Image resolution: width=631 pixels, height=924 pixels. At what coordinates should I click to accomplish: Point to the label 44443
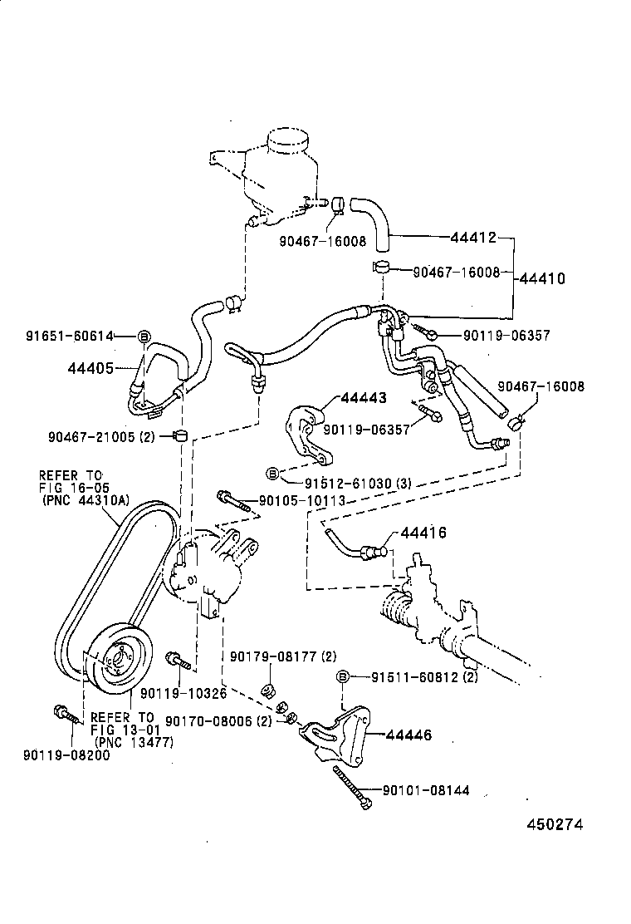(362, 398)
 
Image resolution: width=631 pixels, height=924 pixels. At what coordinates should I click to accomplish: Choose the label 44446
(408, 735)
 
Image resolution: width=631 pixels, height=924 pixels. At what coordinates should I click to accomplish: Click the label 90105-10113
(301, 501)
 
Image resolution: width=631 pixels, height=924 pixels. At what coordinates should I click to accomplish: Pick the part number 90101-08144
(425, 790)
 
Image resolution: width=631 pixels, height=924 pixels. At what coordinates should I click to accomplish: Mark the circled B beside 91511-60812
(343, 677)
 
